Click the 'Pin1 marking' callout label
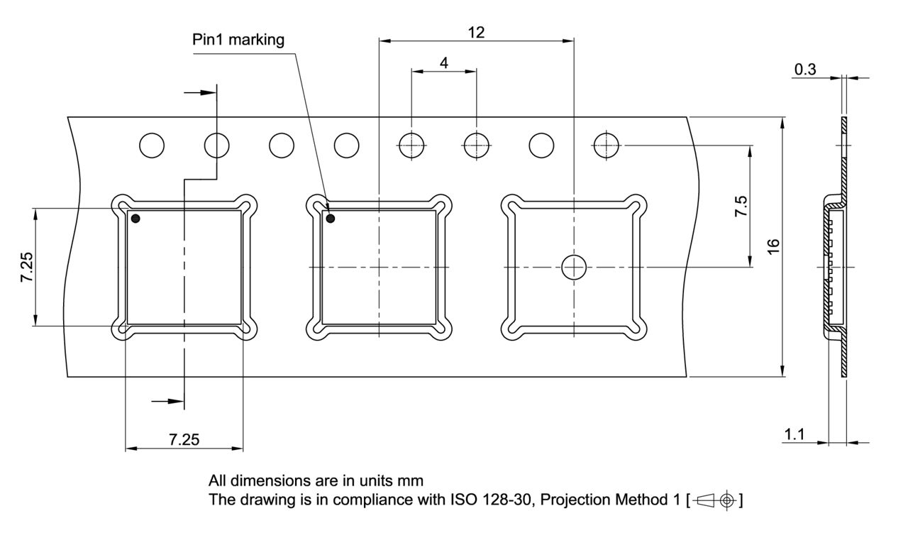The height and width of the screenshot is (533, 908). pyautogui.click(x=238, y=40)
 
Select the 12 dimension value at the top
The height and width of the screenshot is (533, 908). pyautogui.click(x=476, y=32)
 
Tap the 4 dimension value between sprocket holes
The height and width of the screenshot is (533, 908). pyautogui.click(x=444, y=62)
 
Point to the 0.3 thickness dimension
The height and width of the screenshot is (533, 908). pyautogui.click(x=805, y=69)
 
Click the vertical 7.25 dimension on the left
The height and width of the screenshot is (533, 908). pyautogui.click(x=27, y=268)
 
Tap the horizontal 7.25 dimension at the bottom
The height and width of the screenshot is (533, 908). pyautogui.click(x=184, y=440)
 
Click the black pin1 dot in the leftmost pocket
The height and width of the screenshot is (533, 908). pyautogui.click(x=135, y=219)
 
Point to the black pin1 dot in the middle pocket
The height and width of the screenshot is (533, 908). pyautogui.click(x=330, y=219)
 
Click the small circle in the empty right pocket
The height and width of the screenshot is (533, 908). pyautogui.click(x=574, y=268)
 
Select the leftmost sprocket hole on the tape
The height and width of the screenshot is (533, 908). pyautogui.click(x=152, y=145)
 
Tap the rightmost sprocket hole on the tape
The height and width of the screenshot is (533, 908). pyautogui.click(x=607, y=145)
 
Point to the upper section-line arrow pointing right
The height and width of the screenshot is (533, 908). pyautogui.click(x=199, y=92)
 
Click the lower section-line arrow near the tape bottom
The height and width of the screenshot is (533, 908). pyautogui.click(x=169, y=402)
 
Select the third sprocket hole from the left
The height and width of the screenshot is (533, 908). pyautogui.click(x=282, y=145)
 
